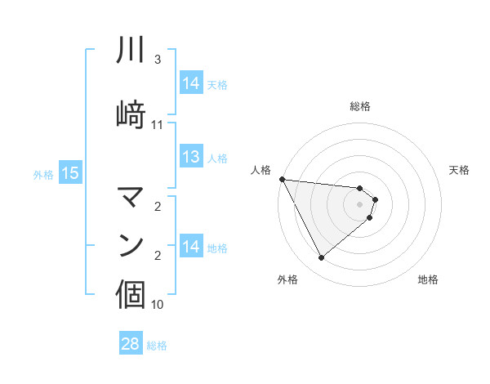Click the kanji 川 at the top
pos(131,51)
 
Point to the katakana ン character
pos(131,244)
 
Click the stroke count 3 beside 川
pos(158,60)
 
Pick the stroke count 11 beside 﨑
pos(158,125)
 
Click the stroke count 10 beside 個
pos(158,305)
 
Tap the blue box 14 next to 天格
pos(191,83)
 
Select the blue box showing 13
pos(191,157)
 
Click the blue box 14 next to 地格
pos(191,247)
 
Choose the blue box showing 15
pos(69,173)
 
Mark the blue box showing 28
pos(131,344)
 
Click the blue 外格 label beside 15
pos(43,174)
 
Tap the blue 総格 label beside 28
pos(157,346)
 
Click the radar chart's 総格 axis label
pos(359,106)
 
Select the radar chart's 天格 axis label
pos(460,170)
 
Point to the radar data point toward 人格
pos(282,179)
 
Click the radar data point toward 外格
pos(321,258)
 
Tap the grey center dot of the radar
pos(359,203)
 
